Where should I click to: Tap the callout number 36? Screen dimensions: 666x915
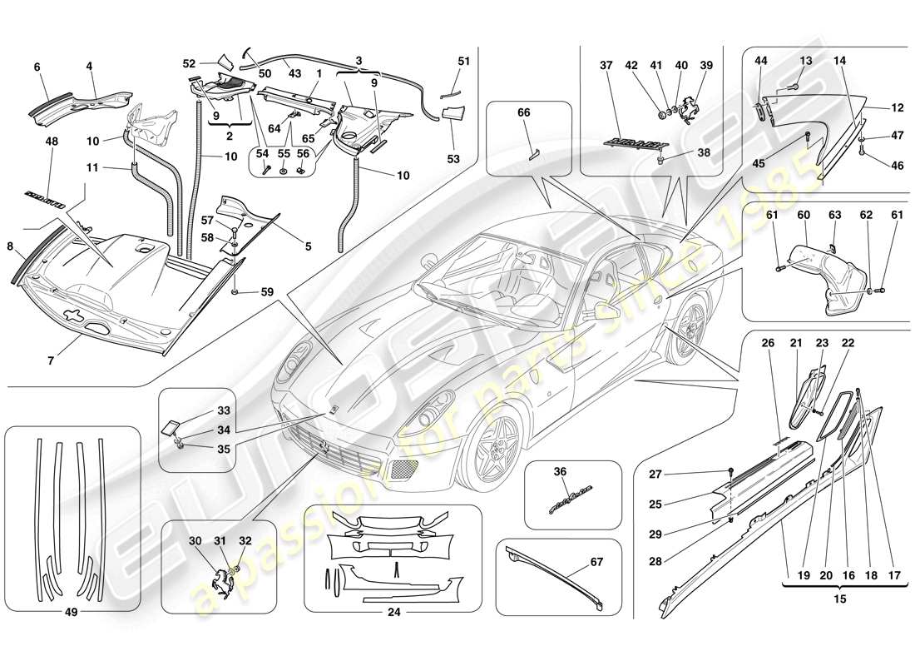click(x=560, y=471)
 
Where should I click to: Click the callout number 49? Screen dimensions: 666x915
click(x=71, y=614)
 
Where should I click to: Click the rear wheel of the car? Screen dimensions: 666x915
click(x=687, y=332)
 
